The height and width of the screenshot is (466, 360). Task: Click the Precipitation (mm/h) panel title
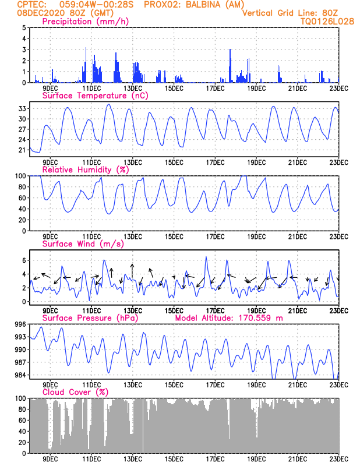pyautogui.click(x=85, y=22)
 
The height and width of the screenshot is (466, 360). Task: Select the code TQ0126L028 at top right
pyautogui.click(x=327, y=21)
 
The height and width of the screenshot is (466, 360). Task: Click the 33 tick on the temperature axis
pyautogui.click(x=22, y=108)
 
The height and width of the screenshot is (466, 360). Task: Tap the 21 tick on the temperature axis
pyautogui.click(x=22, y=150)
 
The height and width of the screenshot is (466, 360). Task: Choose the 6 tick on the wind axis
pyautogui.click(x=23, y=260)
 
